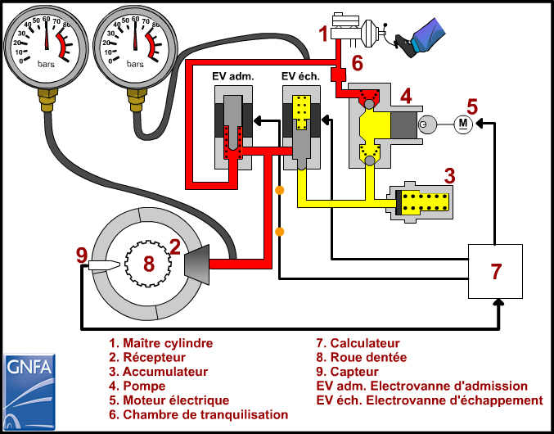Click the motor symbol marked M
[462, 124]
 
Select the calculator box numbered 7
[495, 270]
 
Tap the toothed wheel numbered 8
[148, 263]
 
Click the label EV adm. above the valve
[233, 77]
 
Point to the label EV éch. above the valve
[302, 77]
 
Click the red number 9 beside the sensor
[81, 255]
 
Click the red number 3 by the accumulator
[449, 175]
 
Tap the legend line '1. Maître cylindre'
[160, 343]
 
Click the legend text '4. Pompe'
[137, 386]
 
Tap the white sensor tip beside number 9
[103, 265]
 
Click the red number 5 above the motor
[471, 106]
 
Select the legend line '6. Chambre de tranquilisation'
[199, 414]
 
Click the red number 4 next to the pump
[406, 97]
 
